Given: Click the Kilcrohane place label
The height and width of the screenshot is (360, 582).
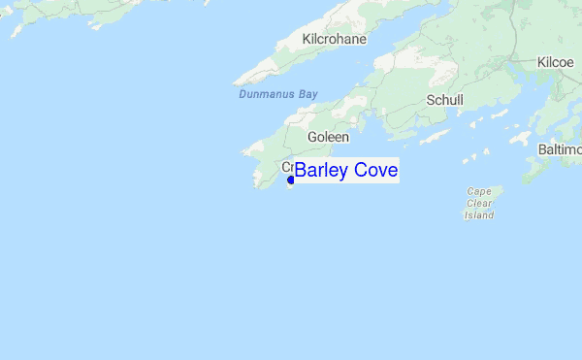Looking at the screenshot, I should coord(336,40).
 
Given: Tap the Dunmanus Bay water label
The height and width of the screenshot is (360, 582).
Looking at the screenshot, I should coord(278,95).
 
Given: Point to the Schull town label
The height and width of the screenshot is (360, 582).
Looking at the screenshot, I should coord(444,100).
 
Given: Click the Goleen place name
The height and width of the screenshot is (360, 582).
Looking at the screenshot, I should coord(328,138).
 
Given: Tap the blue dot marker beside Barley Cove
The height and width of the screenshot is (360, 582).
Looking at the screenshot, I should coord(291,180).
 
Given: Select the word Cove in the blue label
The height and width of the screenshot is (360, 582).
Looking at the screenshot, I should coord(375,171).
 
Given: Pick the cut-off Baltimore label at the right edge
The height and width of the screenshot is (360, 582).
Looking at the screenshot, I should coord(560,149).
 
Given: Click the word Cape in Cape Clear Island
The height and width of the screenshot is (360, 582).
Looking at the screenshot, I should coord(479,191).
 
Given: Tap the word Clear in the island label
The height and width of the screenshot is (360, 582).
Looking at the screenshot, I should coord(479,203).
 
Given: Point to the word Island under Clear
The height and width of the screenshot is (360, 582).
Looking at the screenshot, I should coord(479,214).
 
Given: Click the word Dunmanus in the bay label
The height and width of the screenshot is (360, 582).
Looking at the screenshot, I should coord(265,95).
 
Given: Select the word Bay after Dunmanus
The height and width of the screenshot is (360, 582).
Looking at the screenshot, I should coord(307,95).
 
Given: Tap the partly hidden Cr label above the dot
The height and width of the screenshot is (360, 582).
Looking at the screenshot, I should coord(287,166).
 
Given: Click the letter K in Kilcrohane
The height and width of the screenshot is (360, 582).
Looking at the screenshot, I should coord(307,40).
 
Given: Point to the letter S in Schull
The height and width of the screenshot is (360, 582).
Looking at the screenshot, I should coord(430,100).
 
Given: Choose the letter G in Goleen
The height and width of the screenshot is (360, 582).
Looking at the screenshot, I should coord(312,138).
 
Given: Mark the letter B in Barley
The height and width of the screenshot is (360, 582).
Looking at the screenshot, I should coord(301,171).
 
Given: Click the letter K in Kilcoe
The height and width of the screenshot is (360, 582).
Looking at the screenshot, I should coord(540,62).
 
